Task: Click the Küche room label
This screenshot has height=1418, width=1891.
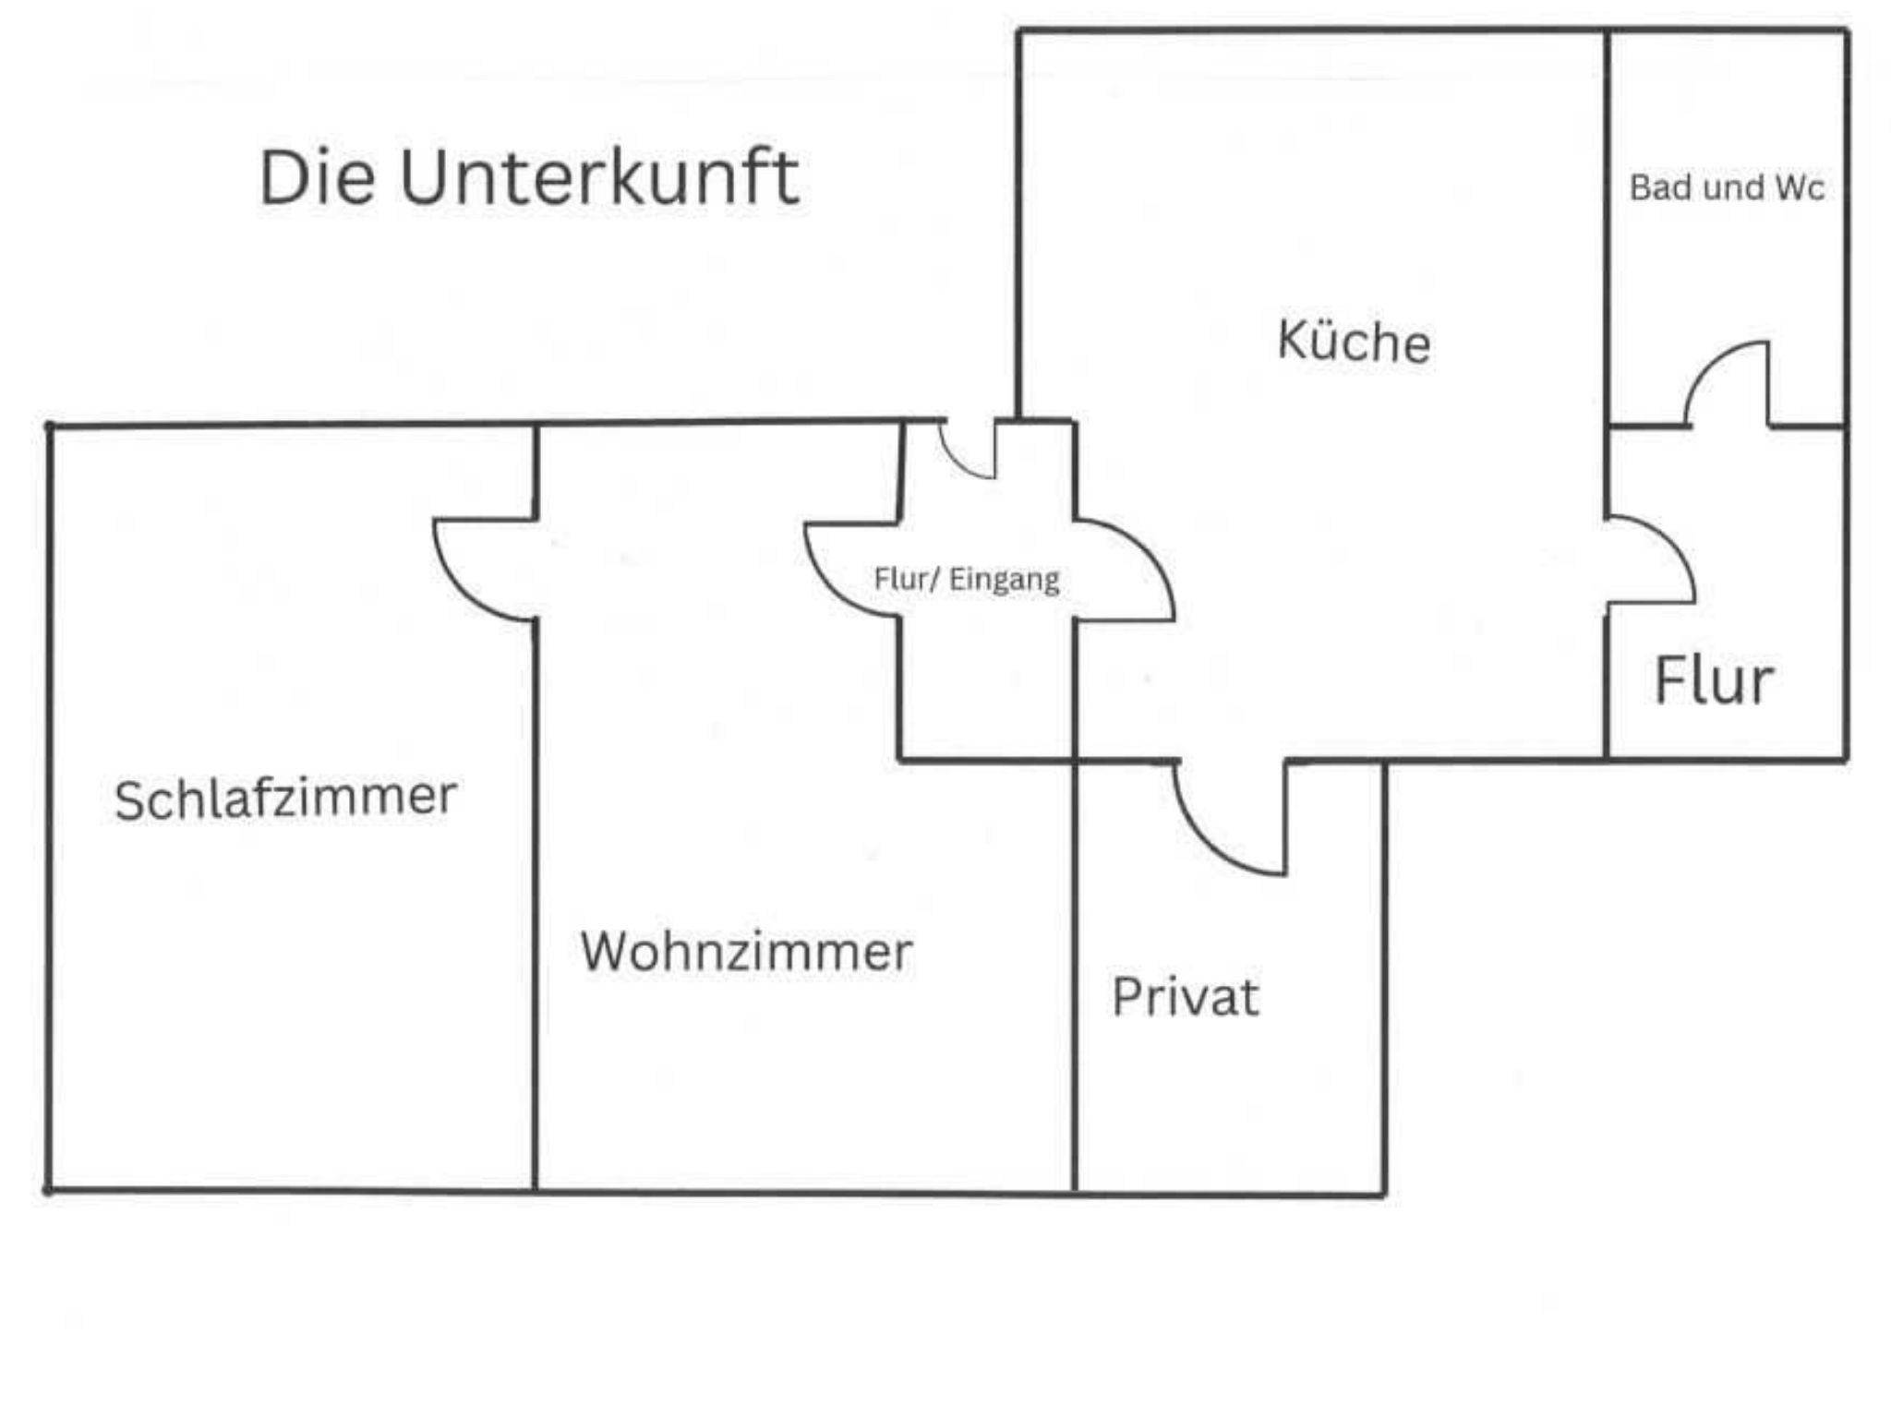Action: click(1354, 341)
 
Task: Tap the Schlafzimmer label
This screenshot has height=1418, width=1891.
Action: click(285, 799)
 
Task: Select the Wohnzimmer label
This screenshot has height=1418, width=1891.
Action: click(746, 951)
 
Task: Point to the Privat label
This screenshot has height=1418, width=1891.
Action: click(1185, 997)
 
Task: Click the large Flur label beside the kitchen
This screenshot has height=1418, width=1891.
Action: click(1713, 681)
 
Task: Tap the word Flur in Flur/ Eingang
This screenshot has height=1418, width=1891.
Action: click(900, 579)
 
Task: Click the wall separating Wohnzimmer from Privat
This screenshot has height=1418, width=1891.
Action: click(1075, 979)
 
